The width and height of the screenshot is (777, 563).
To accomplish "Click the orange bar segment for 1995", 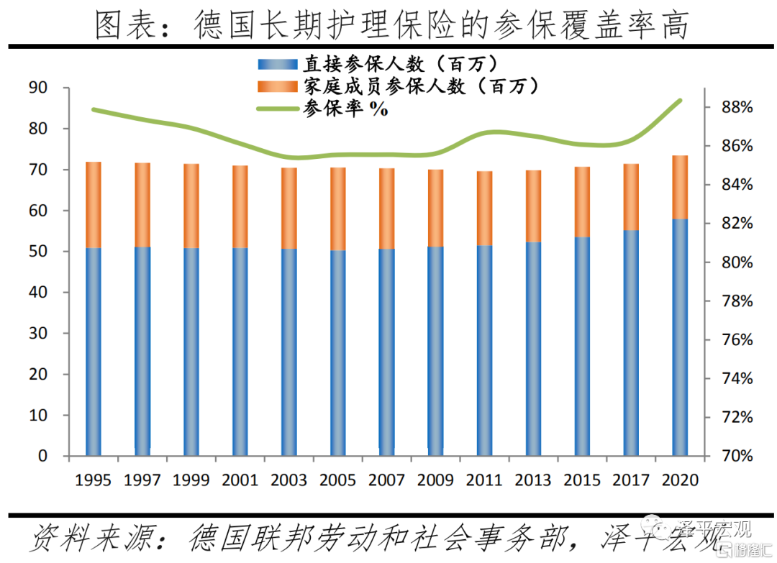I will coord(94,205).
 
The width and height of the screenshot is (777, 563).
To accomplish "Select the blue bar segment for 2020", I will coord(680,337).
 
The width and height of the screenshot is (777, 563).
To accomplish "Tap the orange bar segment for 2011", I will coord(484,209).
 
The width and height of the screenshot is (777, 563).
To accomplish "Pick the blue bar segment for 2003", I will coord(289,352).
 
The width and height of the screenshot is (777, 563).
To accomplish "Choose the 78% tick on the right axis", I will coord(735,301).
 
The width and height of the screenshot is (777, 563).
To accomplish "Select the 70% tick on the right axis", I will coord(735,457).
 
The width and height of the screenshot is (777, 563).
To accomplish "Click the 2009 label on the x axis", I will coord(436,480).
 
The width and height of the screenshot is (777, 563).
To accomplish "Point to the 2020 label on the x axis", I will coord(680,480).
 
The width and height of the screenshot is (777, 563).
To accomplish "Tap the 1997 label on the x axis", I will coord(142,480).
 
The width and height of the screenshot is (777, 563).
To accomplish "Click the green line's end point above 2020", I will coord(680,101).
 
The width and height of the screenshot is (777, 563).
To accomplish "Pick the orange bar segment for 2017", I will coord(631,197).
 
